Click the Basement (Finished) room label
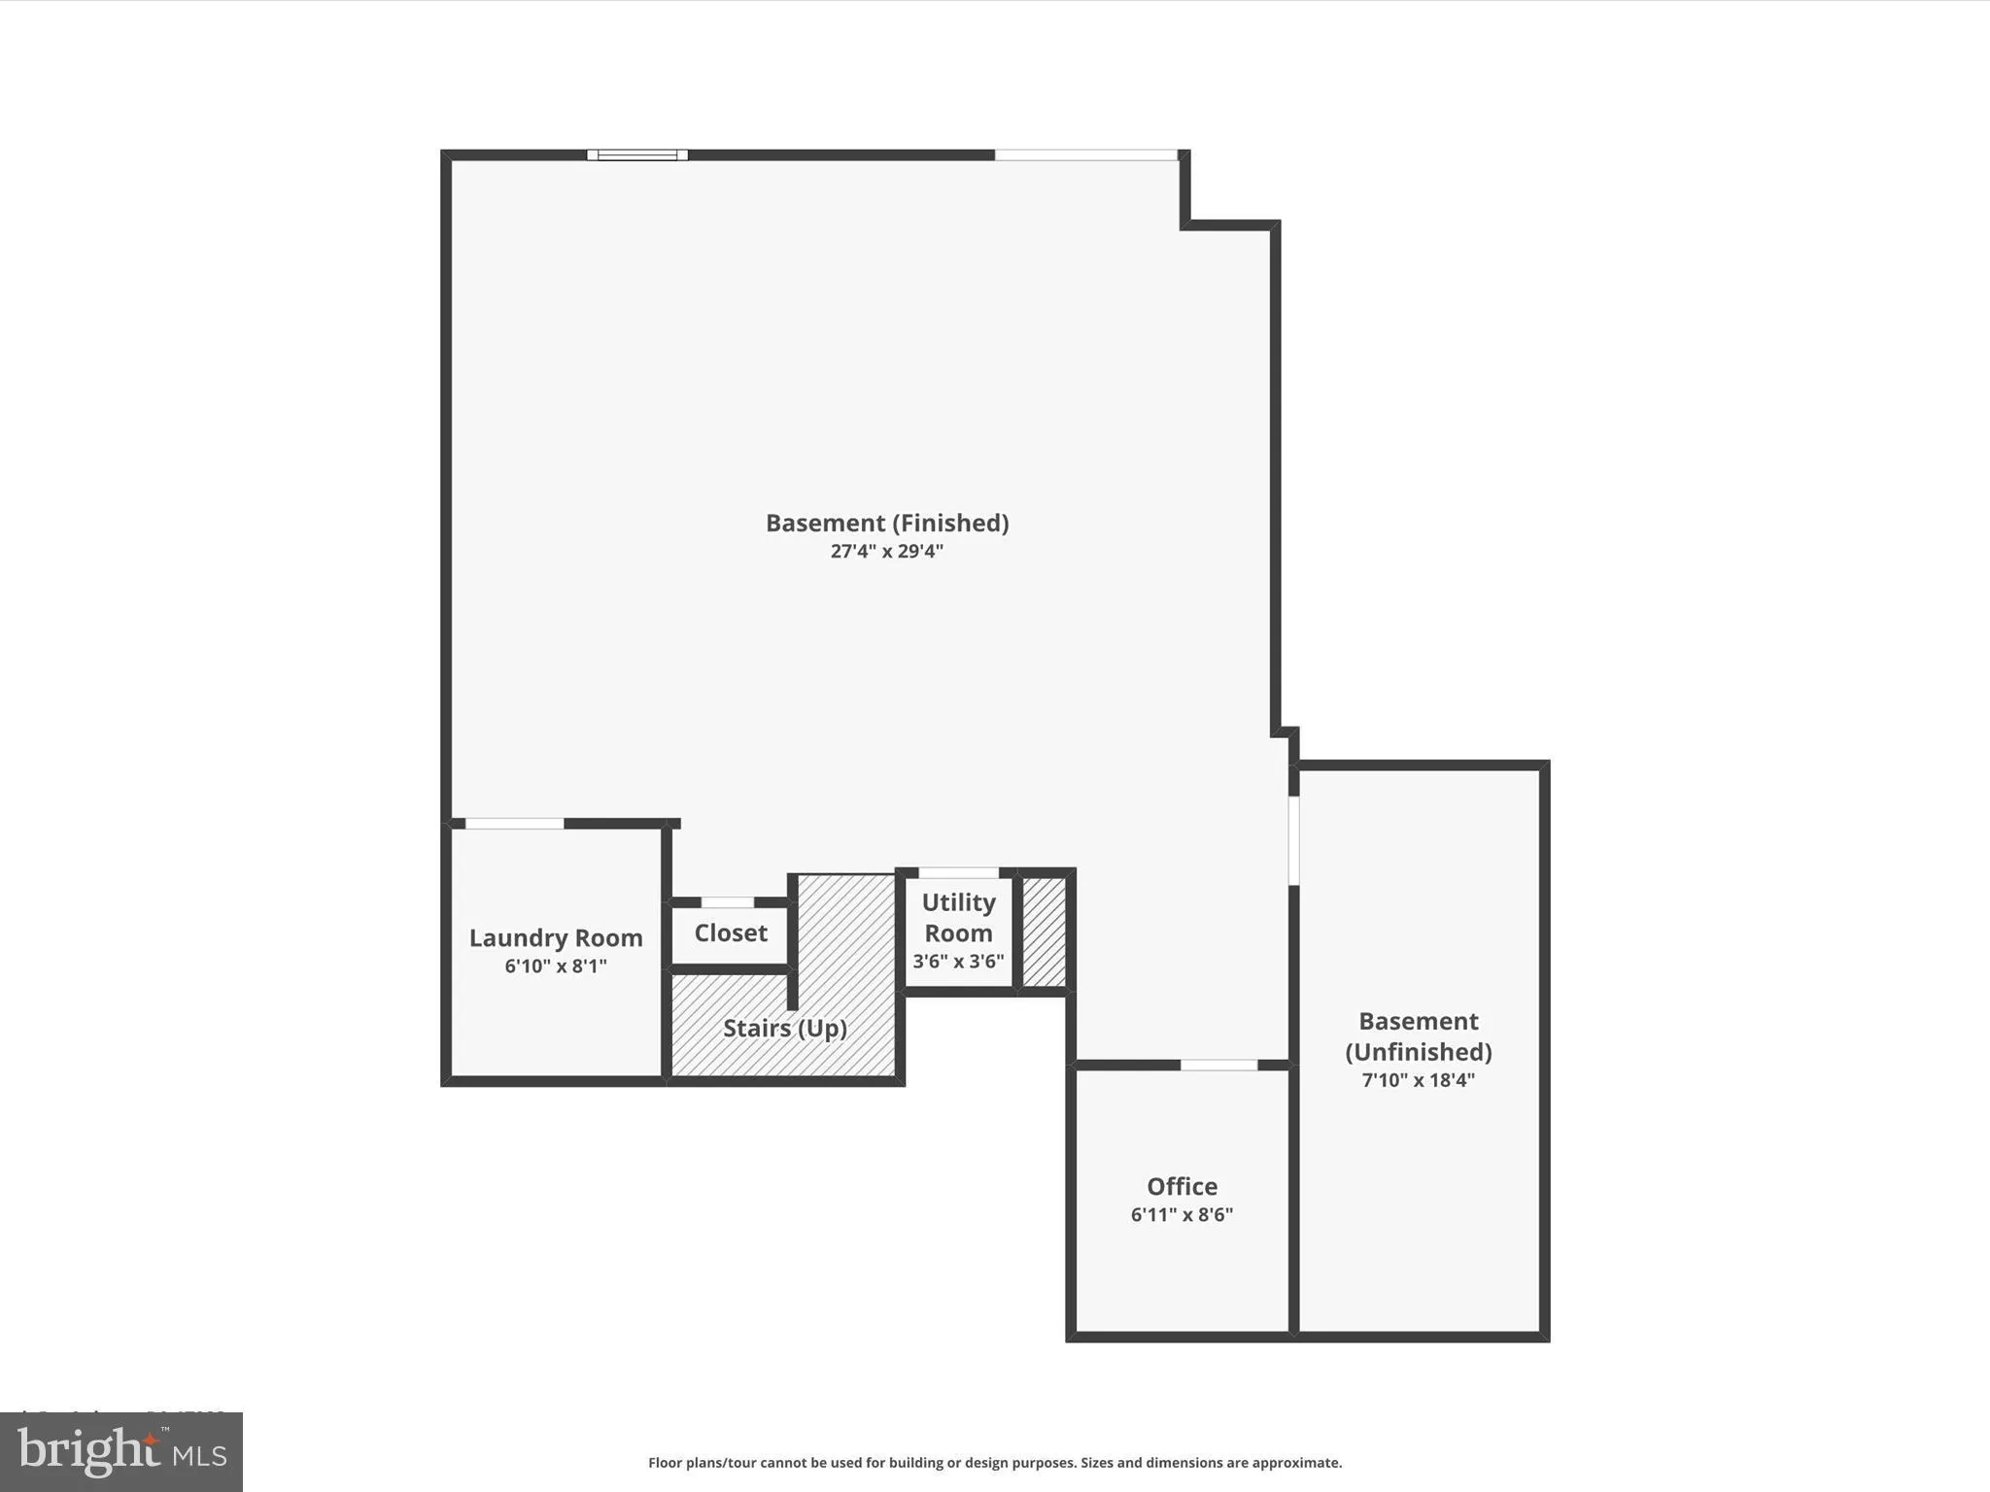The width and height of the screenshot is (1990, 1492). point(887,523)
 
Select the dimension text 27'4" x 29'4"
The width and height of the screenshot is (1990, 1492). point(887,552)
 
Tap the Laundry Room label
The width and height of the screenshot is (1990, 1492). point(556,937)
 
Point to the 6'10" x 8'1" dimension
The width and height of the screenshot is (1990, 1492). point(556,966)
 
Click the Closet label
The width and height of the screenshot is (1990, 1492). point(731,932)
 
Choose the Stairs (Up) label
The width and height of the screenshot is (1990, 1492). point(785,1028)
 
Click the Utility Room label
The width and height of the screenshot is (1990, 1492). point(958,917)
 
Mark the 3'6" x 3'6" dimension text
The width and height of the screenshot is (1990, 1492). point(958,962)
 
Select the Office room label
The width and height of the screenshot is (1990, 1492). point(1182,1186)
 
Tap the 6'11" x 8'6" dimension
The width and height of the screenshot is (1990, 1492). point(1182,1214)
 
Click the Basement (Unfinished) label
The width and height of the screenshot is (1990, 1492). point(1419,1035)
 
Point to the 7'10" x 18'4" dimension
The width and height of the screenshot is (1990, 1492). point(1419,1080)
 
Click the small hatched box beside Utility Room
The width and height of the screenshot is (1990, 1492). point(1045,932)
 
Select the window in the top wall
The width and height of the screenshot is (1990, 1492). point(637,154)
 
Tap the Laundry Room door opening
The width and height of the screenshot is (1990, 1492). point(514,824)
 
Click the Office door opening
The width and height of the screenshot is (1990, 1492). point(1218,1066)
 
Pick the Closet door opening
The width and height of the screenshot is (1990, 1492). point(728,902)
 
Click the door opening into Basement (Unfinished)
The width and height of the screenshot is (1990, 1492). point(1293,840)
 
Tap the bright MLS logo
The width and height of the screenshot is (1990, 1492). point(121,1451)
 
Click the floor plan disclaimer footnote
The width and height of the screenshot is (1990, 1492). point(995,1463)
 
